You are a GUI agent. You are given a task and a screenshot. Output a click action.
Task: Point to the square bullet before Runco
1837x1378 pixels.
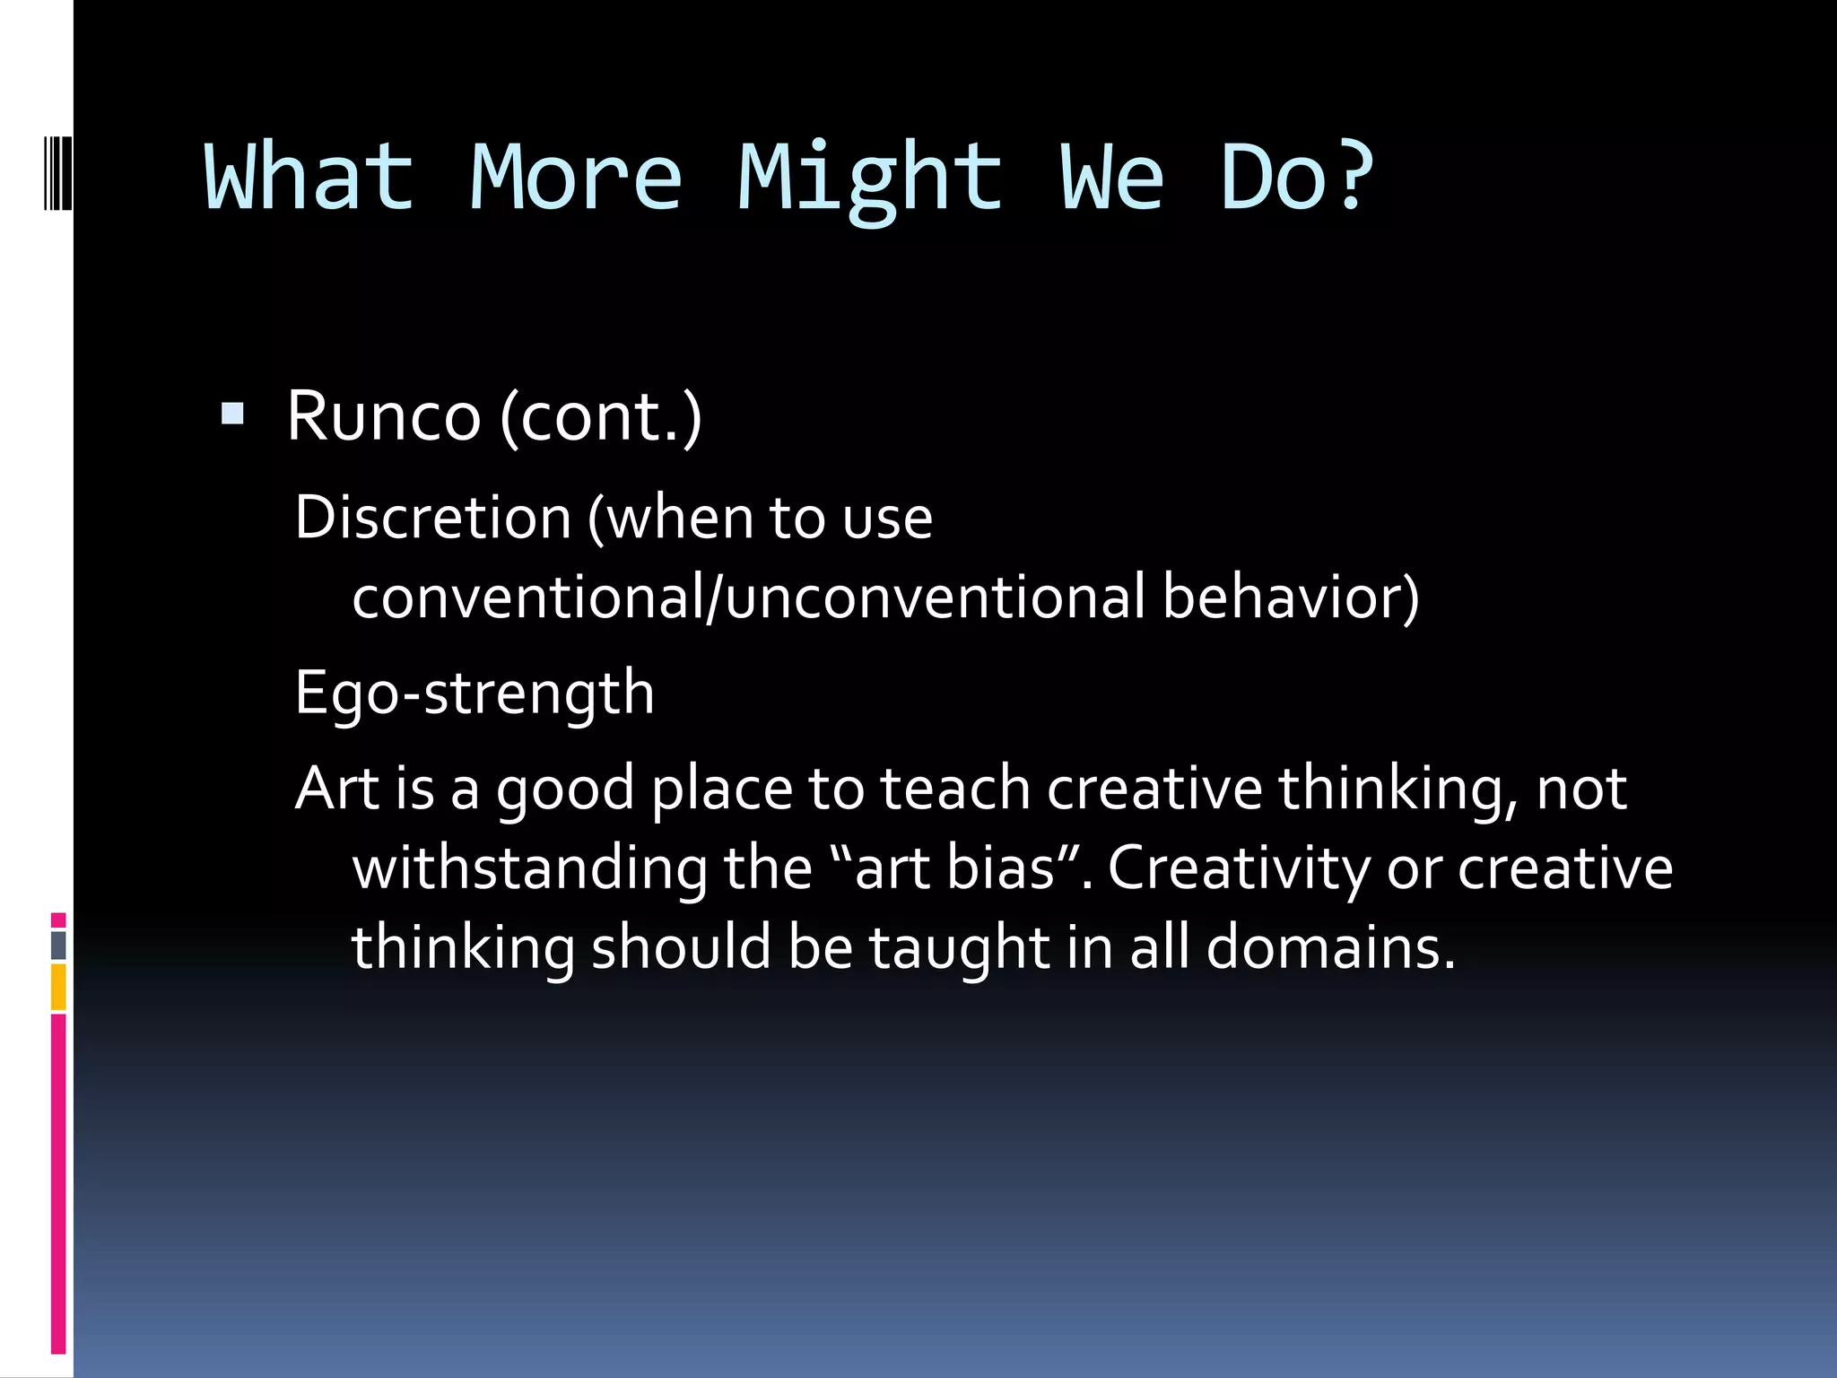pyautogui.click(x=232, y=414)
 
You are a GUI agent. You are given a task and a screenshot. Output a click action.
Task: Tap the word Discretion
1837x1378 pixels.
pyautogui.click(x=433, y=518)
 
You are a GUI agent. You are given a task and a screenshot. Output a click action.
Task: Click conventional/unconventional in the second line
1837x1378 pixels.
pyautogui.click(x=749, y=597)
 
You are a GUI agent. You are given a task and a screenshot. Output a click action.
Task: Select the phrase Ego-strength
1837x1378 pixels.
pyautogui.click(x=474, y=693)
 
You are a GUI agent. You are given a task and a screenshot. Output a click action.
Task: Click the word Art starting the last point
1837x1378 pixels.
pyautogui.click(x=337, y=789)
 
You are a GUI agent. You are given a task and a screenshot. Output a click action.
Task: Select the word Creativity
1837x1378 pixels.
pyautogui.click(x=1239, y=868)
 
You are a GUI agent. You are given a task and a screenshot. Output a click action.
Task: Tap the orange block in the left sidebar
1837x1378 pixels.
pyautogui.click(x=58, y=987)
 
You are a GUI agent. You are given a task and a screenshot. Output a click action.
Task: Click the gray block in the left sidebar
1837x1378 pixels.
pyautogui.click(x=58, y=945)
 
